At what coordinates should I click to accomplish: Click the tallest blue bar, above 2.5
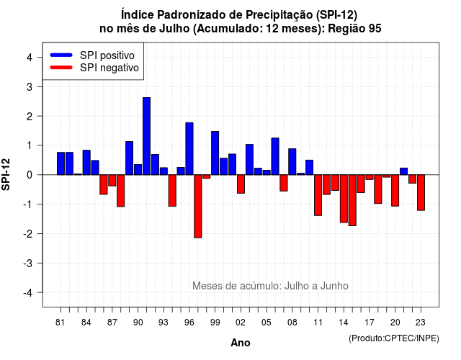pos(146,136)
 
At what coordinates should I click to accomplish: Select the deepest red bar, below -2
pos(198,206)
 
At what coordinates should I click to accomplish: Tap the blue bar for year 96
pos(189,149)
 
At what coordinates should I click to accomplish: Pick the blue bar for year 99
pos(215,153)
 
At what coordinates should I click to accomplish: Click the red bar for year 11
pos(318,195)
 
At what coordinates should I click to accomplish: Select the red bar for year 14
pos(344,199)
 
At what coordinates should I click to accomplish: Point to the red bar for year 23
pos(421,192)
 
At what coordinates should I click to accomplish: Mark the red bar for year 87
pos(112,181)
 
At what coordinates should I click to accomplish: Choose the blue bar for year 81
pos(61,163)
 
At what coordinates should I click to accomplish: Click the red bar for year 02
pos(241,184)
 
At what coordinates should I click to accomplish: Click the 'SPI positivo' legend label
pos(107,55)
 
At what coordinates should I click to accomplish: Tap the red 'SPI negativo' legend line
pos(61,68)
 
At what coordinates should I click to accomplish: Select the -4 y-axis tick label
pos(28,293)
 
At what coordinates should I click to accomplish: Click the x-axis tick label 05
pos(266,323)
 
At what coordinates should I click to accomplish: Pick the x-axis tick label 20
pos(395,323)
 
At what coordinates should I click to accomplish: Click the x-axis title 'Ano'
pos(241,343)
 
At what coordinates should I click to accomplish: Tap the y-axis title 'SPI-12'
pos(6,174)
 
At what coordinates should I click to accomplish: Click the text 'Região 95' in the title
pos(354,29)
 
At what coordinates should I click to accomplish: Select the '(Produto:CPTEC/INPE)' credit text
pos(394,338)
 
